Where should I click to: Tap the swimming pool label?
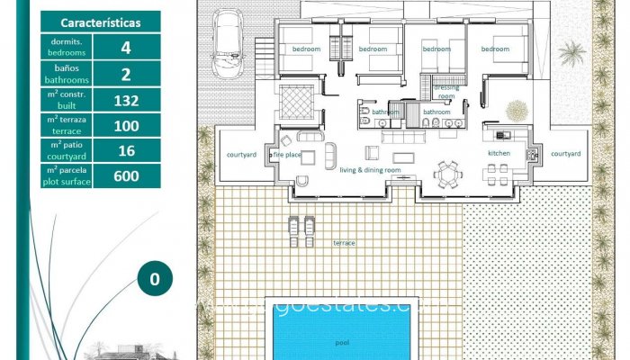pyautogui.click(x=342, y=342)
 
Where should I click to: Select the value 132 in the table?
pyautogui.click(x=126, y=100)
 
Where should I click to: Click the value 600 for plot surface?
pyautogui.click(x=126, y=175)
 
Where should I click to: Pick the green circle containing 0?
pyautogui.click(x=155, y=279)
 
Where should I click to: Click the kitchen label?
pyautogui.click(x=499, y=154)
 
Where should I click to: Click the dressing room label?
pyautogui.click(x=446, y=91)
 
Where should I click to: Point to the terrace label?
pyautogui.click(x=344, y=243)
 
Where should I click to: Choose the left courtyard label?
pyautogui.click(x=242, y=154)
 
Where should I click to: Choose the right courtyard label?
pyautogui.click(x=565, y=154)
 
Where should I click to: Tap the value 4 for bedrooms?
pyautogui.click(x=126, y=48)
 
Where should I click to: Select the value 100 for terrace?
pyautogui.click(x=126, y=126)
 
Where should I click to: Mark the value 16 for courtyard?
pyautogui.click(x=126, y=150)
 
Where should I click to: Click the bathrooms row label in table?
pyautogui.click(x=67, y=74)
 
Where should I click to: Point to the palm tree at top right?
pyautogui.click(x=571, y=54)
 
